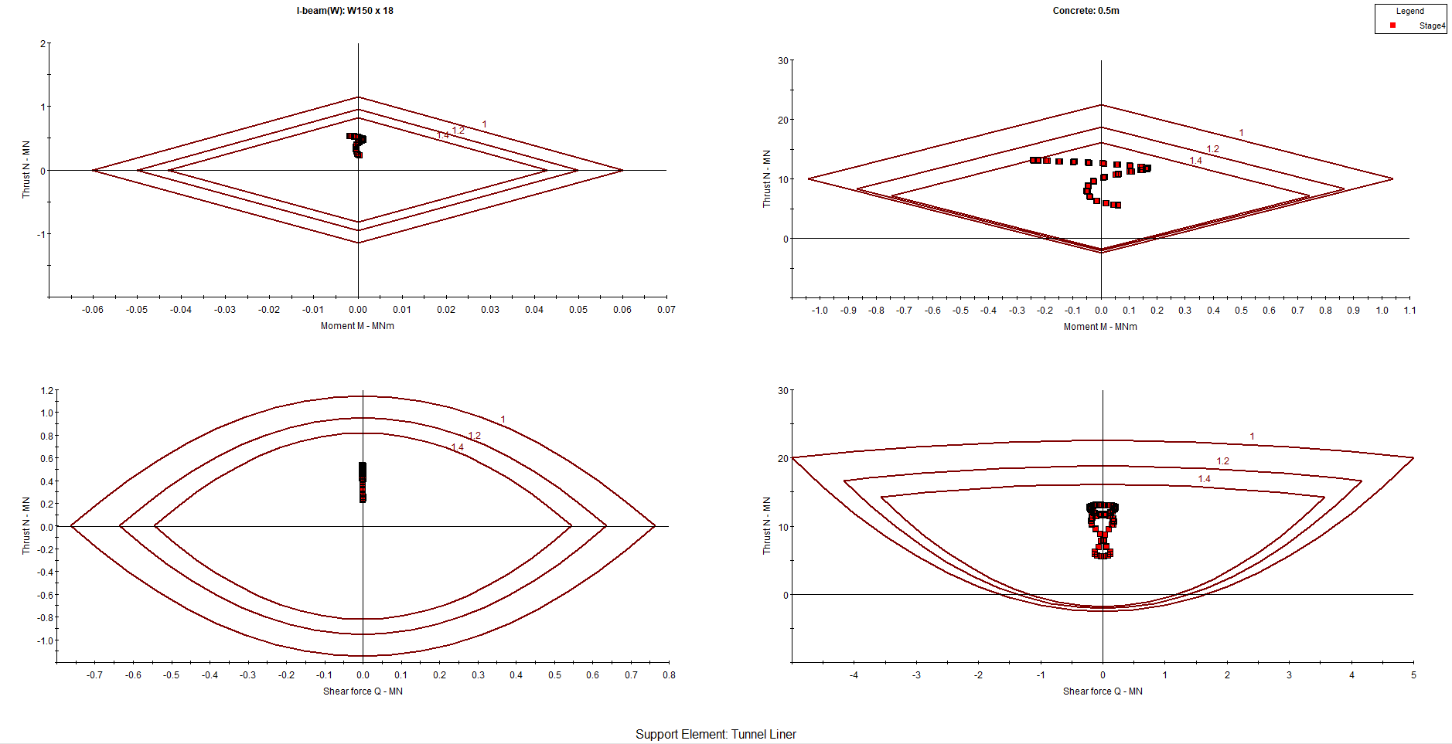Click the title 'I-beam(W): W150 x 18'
point(345,11)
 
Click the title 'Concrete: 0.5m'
point(1086,11)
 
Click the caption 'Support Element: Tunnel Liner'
point(715,734)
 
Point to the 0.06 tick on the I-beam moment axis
point(622,310)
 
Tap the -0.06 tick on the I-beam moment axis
point(93,310)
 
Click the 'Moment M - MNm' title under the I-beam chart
point(357,326)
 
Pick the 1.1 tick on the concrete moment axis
point(1409,311)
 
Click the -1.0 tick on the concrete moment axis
point(820,311)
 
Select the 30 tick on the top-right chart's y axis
point(783,61)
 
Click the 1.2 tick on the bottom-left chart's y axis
point(47,391)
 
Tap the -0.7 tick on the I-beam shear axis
point(94,675)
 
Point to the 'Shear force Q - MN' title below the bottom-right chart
point(1102,691)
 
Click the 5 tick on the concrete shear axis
point(1413,675)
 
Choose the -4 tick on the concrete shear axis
point(854,675)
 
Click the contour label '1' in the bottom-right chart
point(1253,437)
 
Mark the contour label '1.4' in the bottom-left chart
point(457,447)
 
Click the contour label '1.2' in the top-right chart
point(1212,149)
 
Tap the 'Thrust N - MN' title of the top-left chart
point(26,169)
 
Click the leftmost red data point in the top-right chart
point(1034,160)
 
